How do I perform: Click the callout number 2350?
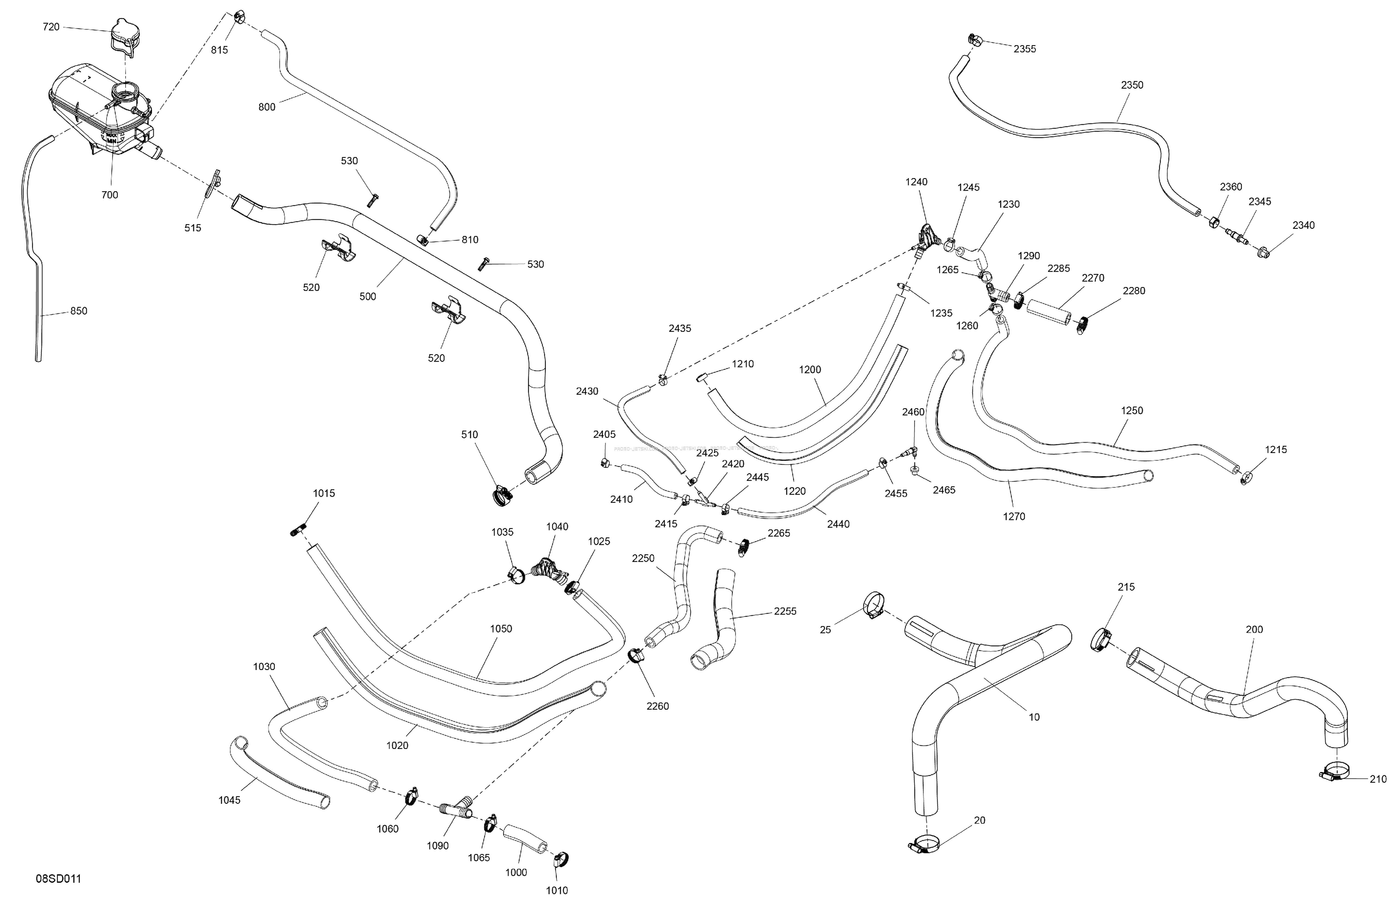1132,85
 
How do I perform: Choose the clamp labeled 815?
239,17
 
